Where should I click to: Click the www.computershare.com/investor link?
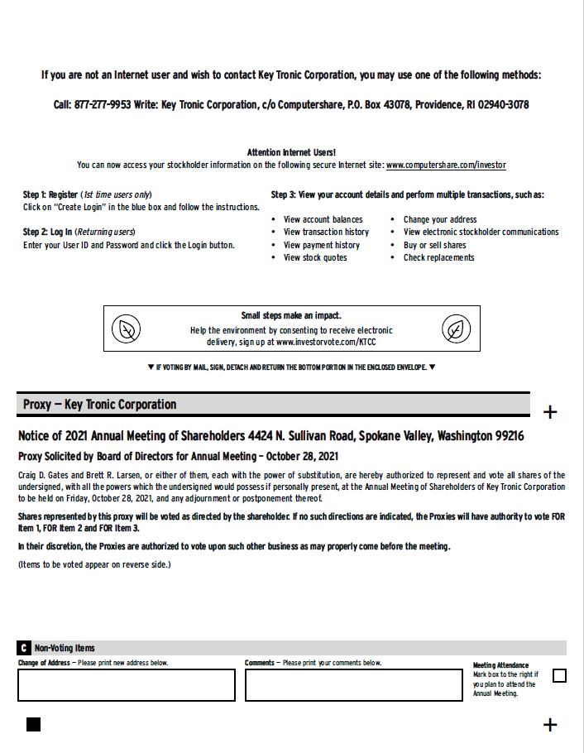coord(446,165)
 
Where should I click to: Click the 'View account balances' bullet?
coord(323,219)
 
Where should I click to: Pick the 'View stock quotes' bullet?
coord(315,257)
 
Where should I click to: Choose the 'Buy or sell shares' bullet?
coord(434,245)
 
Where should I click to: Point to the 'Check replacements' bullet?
coord(438,257)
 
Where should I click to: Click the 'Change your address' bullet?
coord(439,219)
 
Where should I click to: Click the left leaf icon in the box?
coord(127,329)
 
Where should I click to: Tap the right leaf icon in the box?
coord(455,329)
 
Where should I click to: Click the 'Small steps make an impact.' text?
coord(290,315)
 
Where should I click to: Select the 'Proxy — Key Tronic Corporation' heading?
coord(99,404)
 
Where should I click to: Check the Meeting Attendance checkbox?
coord(559,675)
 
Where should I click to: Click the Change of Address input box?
coord(127,684)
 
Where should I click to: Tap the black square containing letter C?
coord(24,648)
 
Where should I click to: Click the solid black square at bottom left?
coord(33,725)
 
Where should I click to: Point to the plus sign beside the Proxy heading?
coord(549,412)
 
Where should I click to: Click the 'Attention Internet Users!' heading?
coord(291,152)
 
